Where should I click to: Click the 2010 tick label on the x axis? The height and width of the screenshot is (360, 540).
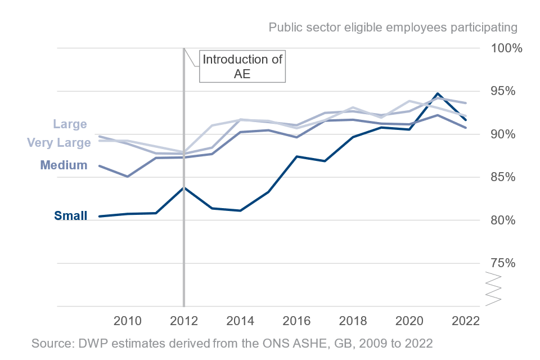pos(127,321)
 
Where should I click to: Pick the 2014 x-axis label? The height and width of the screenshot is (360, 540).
pos(241,321)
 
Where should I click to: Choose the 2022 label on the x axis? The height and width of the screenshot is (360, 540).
pos(465,321)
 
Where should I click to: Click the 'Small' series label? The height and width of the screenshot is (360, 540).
pos(70,215)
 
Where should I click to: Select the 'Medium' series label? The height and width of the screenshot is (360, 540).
pos(64,165)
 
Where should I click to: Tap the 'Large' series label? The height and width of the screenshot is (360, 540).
pos(70,124)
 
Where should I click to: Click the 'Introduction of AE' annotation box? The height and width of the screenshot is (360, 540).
pos(242,66)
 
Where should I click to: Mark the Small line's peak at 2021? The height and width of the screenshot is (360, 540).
pos(437,93)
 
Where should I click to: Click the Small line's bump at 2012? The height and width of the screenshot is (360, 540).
pos(184,187)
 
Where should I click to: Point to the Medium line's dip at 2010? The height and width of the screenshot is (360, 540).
pos(128,177)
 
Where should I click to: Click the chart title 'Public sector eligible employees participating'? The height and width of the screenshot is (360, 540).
pos(392,27)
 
